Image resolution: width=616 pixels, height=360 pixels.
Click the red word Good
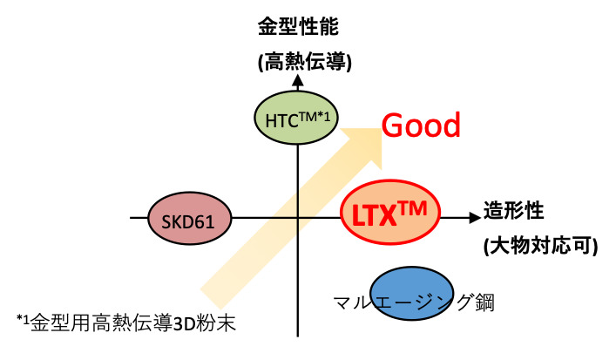pos(422,126)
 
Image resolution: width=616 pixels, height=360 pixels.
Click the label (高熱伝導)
pos(297,60)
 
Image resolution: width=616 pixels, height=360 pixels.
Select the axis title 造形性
pos(513,212)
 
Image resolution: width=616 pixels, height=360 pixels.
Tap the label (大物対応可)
pos(540,247)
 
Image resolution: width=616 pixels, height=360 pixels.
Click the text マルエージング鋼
pos(407,302)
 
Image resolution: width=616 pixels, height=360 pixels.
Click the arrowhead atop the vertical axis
pos(297,81)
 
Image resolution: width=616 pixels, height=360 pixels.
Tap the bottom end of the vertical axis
pos(298,336)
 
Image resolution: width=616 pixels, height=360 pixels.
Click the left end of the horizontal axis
pos(132,217)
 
